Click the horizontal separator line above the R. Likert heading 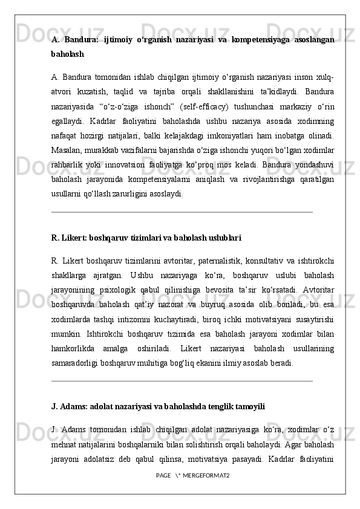point(182,212)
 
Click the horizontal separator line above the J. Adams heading point(182,381)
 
